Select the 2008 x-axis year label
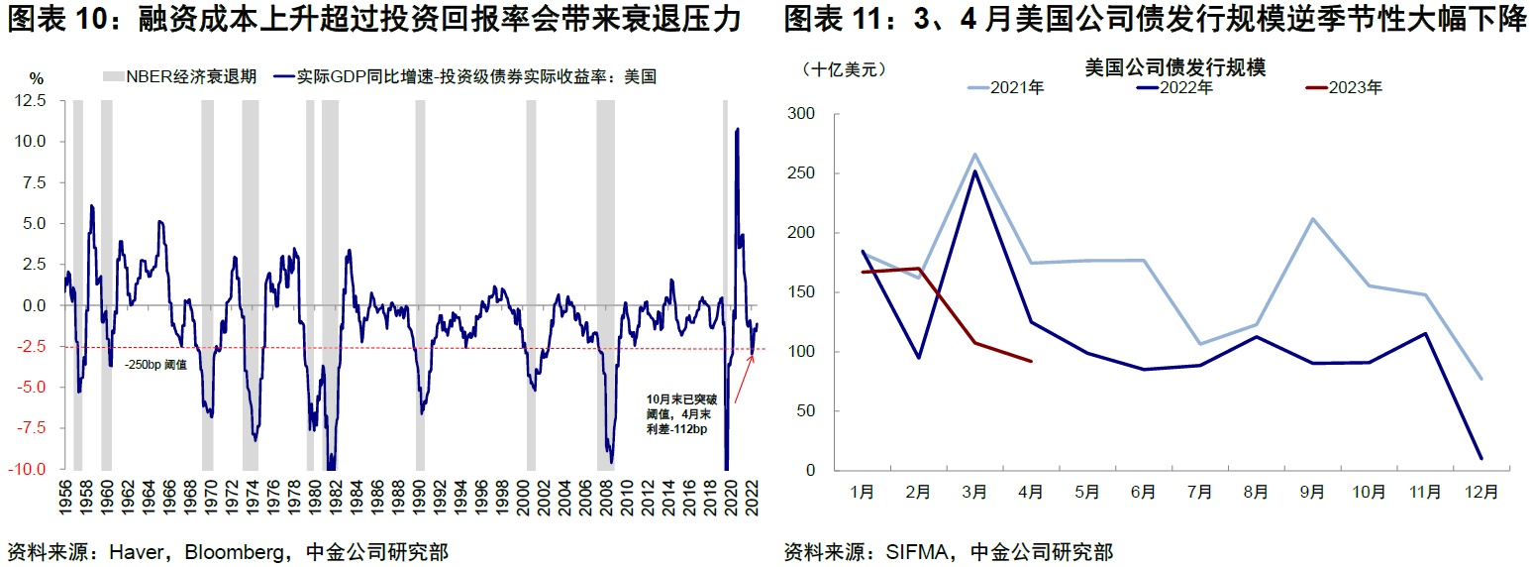[604, 499]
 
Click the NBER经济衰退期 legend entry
[179, 76]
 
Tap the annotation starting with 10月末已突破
[678, 415]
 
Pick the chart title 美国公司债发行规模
[1175, 67]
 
